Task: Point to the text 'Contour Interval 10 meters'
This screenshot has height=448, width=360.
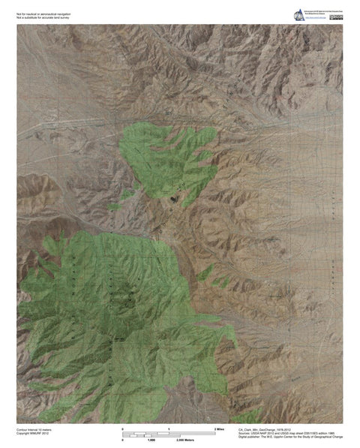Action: [x=36, y=428]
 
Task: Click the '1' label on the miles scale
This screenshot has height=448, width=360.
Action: [x=169, y=428]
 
